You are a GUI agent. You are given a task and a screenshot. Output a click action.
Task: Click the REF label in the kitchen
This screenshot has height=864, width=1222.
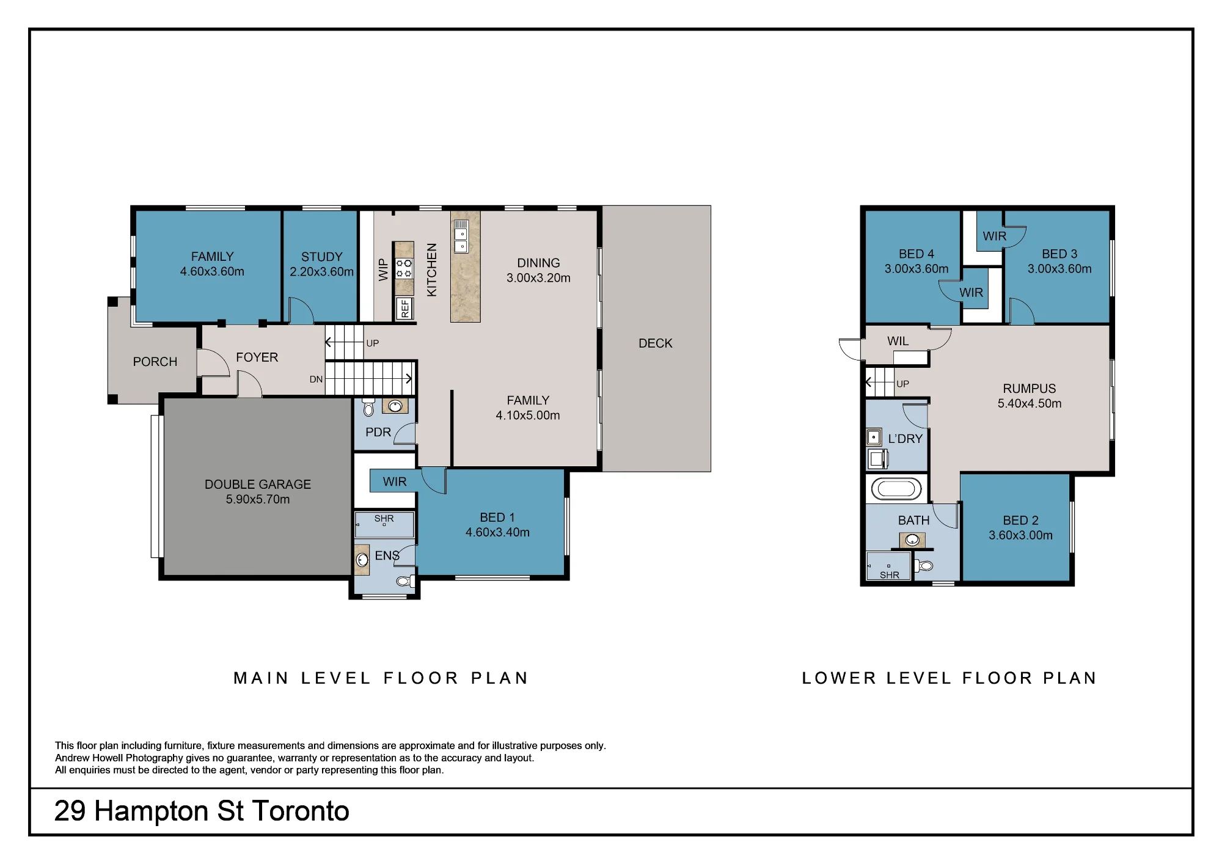404,309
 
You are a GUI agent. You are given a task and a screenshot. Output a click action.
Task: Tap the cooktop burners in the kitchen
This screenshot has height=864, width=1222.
404,268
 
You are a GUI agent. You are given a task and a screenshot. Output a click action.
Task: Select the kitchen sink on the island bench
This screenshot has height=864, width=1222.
461,236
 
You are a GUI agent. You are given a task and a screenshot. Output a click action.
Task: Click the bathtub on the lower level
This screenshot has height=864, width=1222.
896,489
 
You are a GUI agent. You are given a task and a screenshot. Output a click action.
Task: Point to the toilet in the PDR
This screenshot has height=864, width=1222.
368,408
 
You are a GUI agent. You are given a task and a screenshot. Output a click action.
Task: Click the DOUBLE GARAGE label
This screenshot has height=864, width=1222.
258,485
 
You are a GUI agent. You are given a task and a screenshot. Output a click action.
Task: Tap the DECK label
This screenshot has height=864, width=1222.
656,343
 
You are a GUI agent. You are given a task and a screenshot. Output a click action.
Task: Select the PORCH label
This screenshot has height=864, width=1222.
155,362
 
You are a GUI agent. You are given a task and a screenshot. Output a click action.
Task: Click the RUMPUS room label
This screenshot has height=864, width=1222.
1030,389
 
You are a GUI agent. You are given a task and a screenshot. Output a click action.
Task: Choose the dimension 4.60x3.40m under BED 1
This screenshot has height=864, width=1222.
497,532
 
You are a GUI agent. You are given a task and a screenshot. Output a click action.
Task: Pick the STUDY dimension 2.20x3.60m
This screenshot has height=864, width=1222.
321,272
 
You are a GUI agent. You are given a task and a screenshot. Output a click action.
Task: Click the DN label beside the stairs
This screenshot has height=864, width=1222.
316,379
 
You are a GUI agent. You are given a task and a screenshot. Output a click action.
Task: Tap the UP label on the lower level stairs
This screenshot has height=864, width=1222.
902,384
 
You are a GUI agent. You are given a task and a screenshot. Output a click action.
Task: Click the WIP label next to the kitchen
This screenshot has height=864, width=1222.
383,269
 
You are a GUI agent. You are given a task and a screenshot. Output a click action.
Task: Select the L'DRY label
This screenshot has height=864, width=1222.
905,439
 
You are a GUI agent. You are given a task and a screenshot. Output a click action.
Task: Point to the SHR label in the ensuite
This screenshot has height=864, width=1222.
384,519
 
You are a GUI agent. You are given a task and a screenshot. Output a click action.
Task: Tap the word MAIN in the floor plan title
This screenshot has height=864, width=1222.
261,678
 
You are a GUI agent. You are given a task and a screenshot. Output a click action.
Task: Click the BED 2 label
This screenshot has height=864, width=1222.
1021,521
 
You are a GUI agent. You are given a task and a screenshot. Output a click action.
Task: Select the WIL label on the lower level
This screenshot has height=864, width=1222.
898,342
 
